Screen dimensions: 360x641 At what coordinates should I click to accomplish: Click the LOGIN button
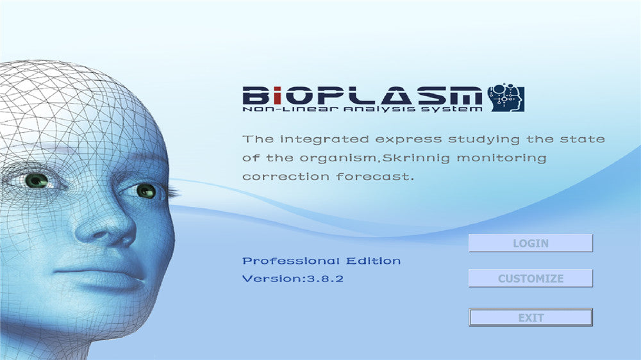pyautogui.click(x=531, y=243)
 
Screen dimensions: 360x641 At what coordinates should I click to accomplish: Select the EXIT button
pyautogui.click(x=531, y=318)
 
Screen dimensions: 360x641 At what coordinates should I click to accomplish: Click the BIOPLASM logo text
pyautogui.click(x=362, y=96)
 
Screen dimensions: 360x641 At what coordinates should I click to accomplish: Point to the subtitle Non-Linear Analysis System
pyautogui.click(x=362, y=110)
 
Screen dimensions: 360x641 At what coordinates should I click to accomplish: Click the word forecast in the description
pyautogui.click(x=372, y=176)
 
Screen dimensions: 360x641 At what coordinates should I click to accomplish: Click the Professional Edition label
pyautogui.click(x=321, y=261)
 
